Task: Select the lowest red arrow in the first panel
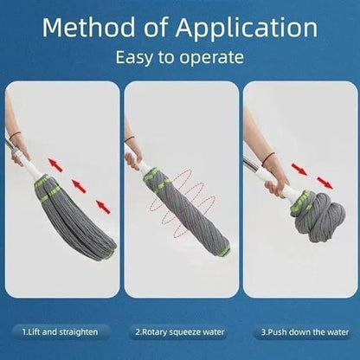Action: pyautogui.click(x=102, y=206)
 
